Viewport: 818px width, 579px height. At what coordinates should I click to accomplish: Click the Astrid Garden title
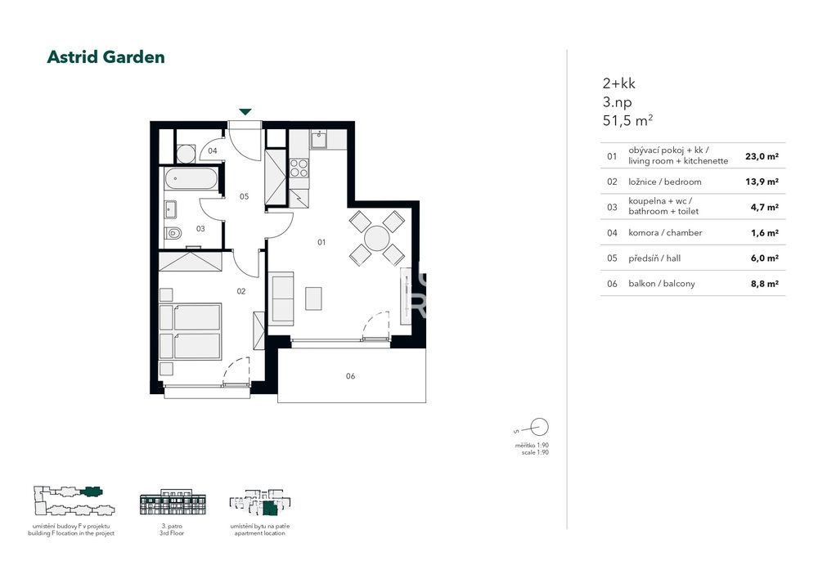tap(106, 57)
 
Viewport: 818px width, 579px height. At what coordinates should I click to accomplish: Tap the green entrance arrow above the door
tap(245, 111)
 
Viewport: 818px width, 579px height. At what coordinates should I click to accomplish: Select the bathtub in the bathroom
tap(191, 179)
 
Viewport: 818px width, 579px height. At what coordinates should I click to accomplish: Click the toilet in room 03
tap(173, 233)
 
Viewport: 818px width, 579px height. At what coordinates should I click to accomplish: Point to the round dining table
tap(376, 238)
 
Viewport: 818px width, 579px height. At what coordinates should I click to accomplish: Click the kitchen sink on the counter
tap(319, 140)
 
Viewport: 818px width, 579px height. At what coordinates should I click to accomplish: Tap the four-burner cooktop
tap(299, 168)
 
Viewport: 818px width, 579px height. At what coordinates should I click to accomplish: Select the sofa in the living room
tap(281, 298)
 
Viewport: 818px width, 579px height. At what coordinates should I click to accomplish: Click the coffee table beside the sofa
tap(313, 298)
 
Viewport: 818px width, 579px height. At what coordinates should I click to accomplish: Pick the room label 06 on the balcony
tap(351, 376)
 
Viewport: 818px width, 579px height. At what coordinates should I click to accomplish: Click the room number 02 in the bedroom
tap(241, 292)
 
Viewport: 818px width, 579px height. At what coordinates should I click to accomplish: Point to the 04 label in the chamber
tap(213, 150)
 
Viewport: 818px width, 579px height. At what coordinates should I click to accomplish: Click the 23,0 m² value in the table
tap(762, 156)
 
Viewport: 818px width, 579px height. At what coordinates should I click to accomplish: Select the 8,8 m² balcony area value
tap(764, 284)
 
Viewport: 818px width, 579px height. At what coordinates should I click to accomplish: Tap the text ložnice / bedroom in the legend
tap(664, 182)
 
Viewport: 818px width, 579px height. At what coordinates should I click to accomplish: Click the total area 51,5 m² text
tap(627, 120)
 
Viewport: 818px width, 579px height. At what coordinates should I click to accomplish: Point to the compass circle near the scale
tap(539, 427)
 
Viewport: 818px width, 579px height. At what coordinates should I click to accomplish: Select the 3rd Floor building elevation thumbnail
tap(173, 502)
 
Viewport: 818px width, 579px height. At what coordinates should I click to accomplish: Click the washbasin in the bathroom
tap(170, 209)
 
